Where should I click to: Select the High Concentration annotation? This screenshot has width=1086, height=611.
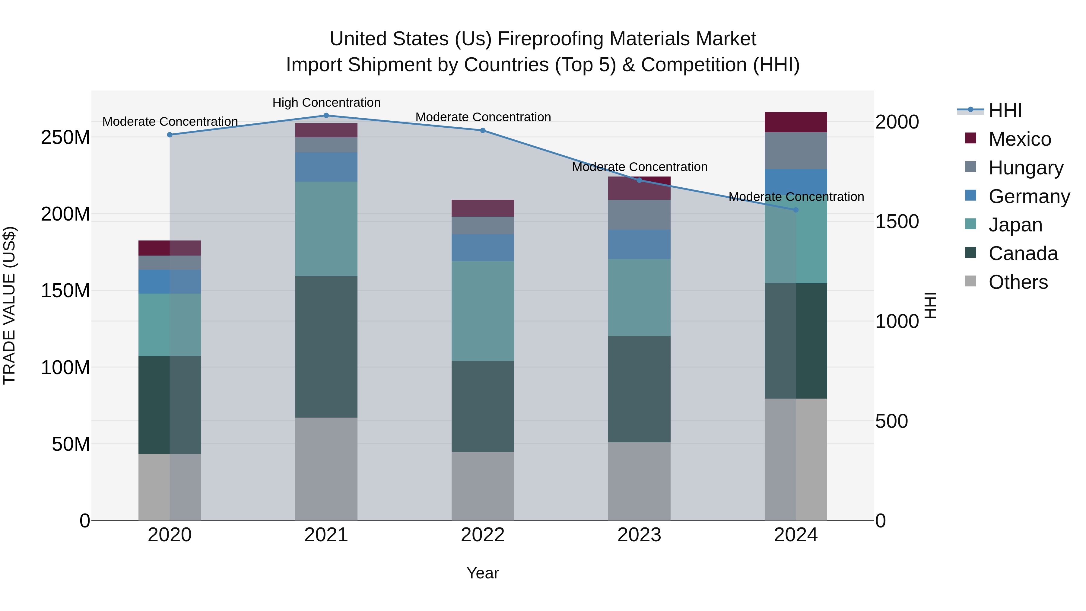(326, 103)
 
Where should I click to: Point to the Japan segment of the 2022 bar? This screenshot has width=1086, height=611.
(483, 311)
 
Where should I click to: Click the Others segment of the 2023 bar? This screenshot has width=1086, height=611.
(639, 481)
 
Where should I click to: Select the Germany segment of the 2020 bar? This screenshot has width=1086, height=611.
(170, 282)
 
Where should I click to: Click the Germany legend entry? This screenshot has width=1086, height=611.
(1029, 196)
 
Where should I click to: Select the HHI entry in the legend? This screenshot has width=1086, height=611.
(1005, 110)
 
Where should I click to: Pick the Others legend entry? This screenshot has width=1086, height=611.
(1018, 282)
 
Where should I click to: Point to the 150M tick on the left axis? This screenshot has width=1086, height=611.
(65, 291)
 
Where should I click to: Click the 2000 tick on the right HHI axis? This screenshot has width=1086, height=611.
(897, 122)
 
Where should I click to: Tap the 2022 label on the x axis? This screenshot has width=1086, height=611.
(483, 535)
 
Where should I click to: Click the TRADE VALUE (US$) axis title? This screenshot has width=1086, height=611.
(9, 305)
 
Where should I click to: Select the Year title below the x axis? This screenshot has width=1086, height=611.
(483, 573)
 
